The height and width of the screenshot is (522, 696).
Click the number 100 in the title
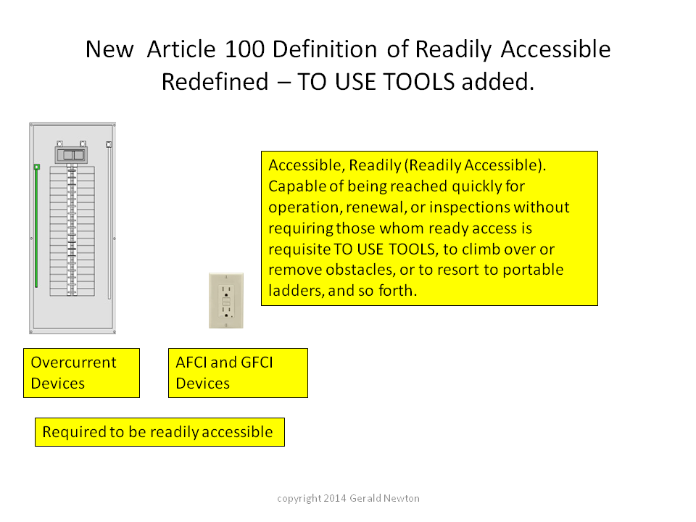point(245,49)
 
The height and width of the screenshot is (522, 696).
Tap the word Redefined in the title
point(215,82)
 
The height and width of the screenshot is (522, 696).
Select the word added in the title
point(497,82)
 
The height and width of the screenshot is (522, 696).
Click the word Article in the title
point(181,49)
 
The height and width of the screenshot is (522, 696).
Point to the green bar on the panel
point(36,226)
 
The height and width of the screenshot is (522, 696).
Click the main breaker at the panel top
point(71,154)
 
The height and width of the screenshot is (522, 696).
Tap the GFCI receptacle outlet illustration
point(226,301)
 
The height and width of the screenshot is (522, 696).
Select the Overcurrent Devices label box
point(82,373)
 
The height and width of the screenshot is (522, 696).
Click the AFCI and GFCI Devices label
point(238,373)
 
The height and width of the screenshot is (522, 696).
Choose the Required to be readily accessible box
point(159,432)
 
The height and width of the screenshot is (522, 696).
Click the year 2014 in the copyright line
point(335,499)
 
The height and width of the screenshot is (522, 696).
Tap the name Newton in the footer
point(401,499)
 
